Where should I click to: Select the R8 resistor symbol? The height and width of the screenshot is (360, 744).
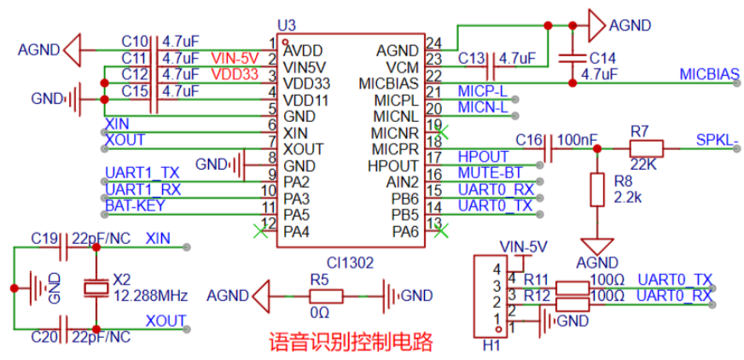(597, 189)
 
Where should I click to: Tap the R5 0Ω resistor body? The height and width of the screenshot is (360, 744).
(326, 296)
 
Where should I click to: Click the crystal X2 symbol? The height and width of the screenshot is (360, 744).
(96, 287)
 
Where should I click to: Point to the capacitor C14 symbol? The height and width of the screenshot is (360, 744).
(573, 59)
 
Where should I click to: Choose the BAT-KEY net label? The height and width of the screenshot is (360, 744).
(135, 206)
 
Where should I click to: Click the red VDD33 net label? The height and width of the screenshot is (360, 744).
(235, 74)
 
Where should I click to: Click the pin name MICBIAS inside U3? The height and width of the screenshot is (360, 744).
(388, 83)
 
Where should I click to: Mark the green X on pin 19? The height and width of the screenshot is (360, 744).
(441, 132)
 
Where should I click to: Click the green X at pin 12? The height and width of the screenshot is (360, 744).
(259, 231)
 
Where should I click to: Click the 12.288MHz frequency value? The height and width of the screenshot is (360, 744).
(151, 296)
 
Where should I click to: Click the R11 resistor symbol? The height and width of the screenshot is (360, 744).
(572, 287)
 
